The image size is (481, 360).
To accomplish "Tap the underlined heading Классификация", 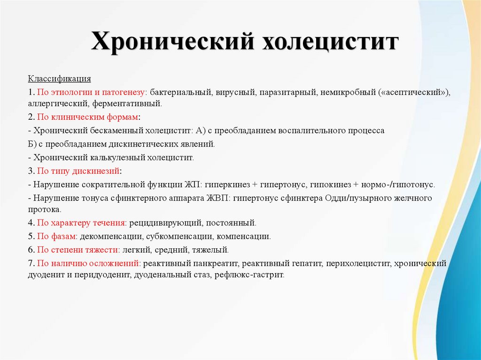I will (59, 78).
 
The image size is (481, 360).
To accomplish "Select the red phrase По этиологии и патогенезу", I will (92, 92).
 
